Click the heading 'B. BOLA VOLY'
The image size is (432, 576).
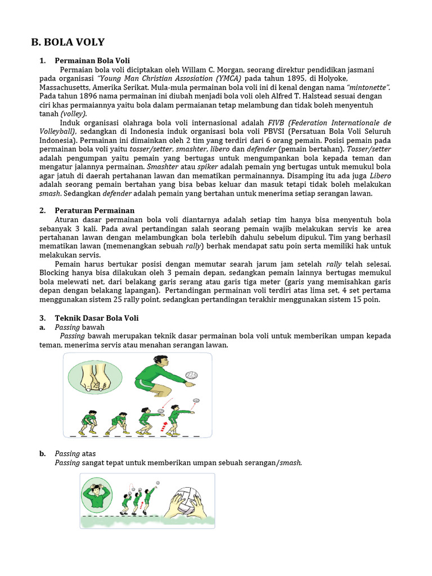click(67, 42)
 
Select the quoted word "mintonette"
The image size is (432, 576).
click(368, 87)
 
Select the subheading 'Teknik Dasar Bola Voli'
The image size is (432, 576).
click(96, 318)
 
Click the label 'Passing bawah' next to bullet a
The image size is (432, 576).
click(79, 327)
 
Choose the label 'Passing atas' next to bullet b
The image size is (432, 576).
click(75, 453)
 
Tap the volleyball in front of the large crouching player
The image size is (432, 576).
click(191, 376)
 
